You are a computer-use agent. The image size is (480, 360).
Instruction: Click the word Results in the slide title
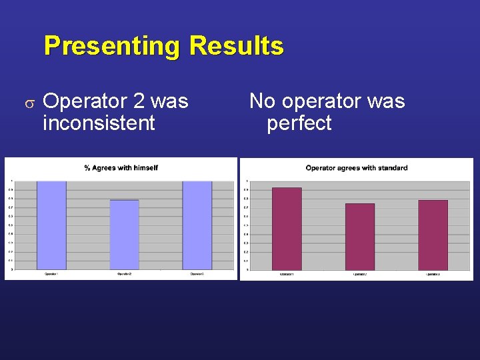tap(237, 47)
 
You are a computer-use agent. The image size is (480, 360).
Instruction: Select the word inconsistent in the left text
tap(99, 123)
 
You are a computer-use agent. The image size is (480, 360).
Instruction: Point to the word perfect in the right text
tap(299, 123)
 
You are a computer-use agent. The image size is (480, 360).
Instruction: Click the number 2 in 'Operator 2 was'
tap(139, 101)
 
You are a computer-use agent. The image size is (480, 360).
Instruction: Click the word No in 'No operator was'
tap(263, 101)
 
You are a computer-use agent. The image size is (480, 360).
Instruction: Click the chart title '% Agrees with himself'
tap(121, 167)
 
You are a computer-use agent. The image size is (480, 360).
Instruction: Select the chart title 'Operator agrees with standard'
tap(357, 167)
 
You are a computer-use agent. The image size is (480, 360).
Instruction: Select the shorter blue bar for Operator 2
tap(124, 235)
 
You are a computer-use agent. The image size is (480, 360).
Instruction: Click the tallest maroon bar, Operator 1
tap(287, 229)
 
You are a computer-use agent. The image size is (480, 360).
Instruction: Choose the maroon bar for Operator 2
tap(360, 237)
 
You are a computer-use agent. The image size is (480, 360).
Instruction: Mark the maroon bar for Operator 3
tap(433, 235)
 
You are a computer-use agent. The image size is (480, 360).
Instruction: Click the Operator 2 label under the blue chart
tap(124, 274)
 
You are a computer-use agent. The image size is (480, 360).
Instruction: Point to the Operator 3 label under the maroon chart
tap(433, 274)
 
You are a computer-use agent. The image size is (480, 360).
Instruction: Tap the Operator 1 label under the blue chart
tap(51, 274)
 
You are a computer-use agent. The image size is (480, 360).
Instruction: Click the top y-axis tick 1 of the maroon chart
tap(247, 181)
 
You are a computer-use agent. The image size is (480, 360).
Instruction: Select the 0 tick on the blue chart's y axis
tap(11, 270)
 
